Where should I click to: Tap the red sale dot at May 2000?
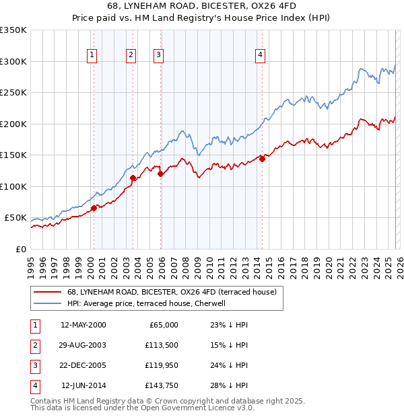(x=94, y=208)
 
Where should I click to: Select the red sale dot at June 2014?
(x=262, y=159)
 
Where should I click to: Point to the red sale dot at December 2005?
(x=161, y=174)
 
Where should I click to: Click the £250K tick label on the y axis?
(x=13, y=93)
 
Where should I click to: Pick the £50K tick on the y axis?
(x=16, y=218)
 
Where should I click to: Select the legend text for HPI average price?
(x=145, y=303)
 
